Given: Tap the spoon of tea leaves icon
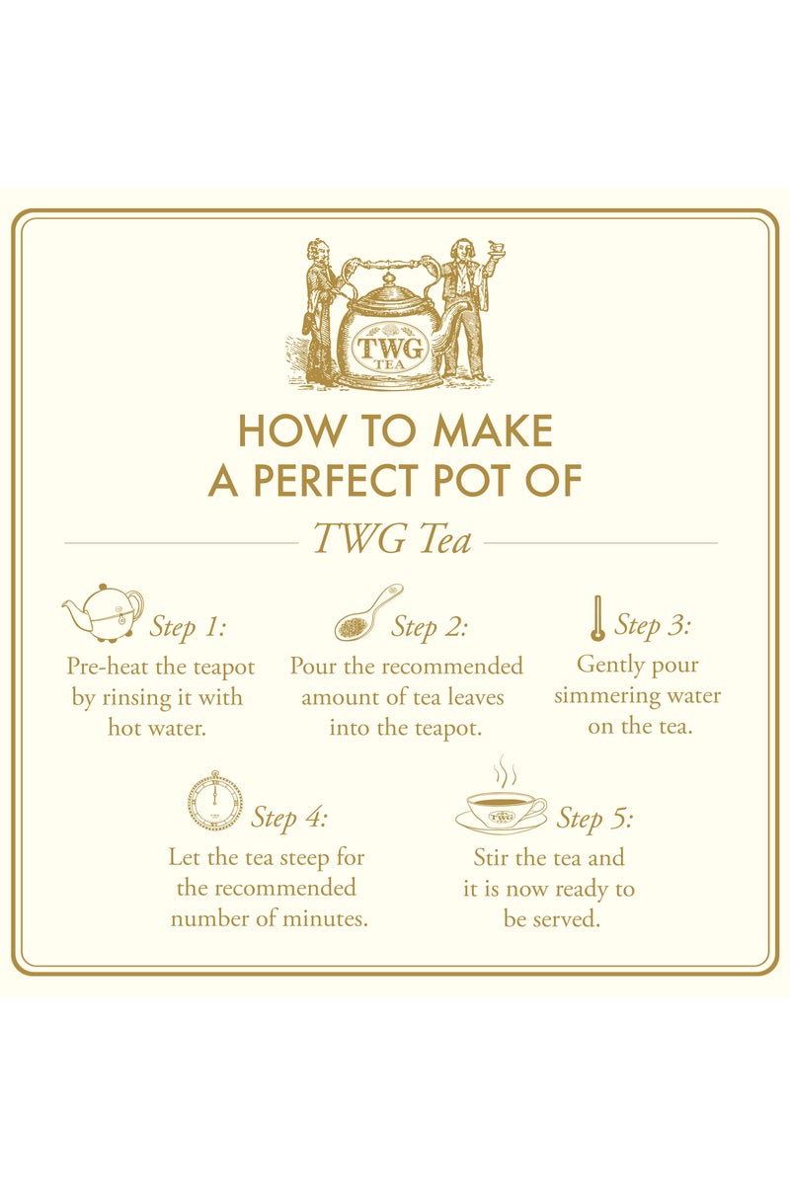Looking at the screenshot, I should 367,615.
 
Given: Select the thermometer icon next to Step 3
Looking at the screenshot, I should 596,619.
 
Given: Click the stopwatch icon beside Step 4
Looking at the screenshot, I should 213,800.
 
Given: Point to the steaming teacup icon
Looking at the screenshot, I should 502,803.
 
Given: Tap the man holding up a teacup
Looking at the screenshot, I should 466,306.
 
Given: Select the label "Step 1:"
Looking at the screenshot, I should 188,627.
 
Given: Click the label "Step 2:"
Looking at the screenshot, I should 430,627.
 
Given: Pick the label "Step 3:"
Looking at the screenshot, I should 652,625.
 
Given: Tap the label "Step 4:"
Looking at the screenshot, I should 288,818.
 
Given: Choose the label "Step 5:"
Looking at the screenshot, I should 594,819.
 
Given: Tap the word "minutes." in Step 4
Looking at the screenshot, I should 325,918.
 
